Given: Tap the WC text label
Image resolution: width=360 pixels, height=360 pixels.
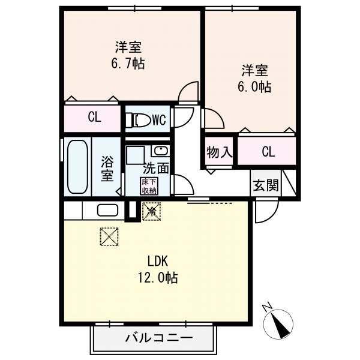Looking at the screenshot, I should pyautogui.click(x=158, y=119).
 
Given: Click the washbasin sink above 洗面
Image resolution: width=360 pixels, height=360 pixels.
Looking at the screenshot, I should pyautogui.click(x=160, y=151).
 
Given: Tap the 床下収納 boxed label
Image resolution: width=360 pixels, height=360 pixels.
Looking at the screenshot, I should pyautogui.click(x=148, y=186).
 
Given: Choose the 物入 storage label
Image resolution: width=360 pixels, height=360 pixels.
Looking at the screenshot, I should pyautogui.click(x=219, y=152).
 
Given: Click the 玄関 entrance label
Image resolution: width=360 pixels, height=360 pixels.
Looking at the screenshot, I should pyautogui.click(x=265, y=185).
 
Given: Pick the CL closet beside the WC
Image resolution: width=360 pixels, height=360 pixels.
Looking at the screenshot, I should pyautogui.click(x=94, y=118).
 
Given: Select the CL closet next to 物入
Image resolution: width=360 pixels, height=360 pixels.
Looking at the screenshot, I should pyautogui.click(x=267, y=152).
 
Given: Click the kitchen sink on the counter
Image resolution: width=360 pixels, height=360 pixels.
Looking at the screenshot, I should pyautogui.click(x=107, y=211).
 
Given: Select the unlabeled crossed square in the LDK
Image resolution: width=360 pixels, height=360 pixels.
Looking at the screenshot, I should pyautogui.click(x=109, y=236).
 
